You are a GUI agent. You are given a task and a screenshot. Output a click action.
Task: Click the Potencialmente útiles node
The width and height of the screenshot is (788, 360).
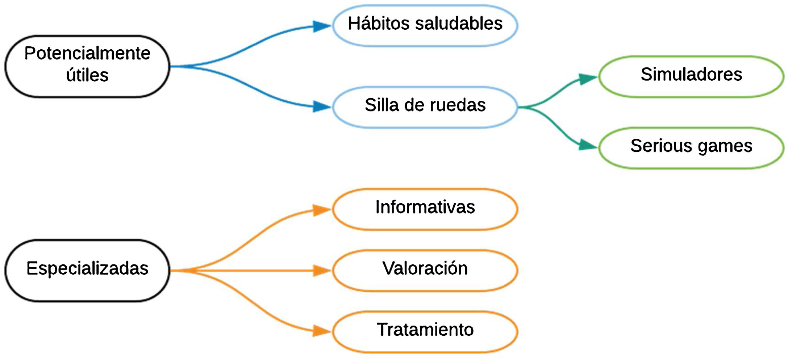click(x=87, y=66)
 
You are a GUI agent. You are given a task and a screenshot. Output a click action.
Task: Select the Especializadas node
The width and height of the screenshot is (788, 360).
click(x=87, y=270)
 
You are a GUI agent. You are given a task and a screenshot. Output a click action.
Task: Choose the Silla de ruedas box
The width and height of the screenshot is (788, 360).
click(x=425, y=107)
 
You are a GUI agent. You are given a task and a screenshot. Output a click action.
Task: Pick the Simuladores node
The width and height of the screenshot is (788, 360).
click(x=691, y=76)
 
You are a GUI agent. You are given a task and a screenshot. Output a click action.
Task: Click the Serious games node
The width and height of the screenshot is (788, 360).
click(x=691, y=147)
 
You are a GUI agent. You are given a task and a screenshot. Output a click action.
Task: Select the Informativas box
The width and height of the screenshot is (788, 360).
click(x=425, y=209)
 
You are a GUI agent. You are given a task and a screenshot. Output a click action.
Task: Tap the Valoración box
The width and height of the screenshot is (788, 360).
click(x=425, y=270)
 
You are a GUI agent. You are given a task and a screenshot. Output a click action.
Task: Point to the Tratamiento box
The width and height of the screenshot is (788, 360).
click(x=425, y=331)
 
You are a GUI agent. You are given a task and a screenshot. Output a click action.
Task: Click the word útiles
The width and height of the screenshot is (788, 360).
click(x=87, y=75)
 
